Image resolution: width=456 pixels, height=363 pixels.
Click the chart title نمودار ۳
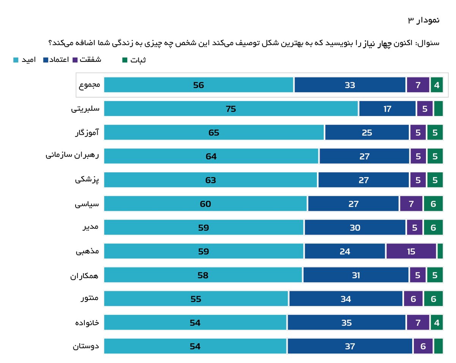click(x=423, y=20)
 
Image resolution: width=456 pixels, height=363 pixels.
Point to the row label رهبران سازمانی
click(x=73, y=156)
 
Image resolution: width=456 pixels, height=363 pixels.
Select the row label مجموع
click(x=89, y=85)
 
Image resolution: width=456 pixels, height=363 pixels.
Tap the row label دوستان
click(x=85, y=346)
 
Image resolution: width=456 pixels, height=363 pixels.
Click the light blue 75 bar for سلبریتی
click(x=231, y=109)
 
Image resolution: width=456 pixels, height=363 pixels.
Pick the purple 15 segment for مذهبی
click(x=411, y=251)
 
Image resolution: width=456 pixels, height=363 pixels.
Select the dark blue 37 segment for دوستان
click(x=350, y=346)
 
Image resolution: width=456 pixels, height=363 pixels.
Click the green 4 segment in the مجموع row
click(x=437, y=85)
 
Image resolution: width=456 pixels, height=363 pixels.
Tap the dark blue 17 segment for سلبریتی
click(x=387, y=109)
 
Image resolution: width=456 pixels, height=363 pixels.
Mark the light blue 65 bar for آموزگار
click(x=214, y=133)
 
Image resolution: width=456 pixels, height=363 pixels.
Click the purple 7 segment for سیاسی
click(x=411, y=204)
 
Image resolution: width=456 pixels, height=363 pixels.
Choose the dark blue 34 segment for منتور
click(x=345, y=299)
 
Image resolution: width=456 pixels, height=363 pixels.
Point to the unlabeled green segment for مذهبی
click(x=440, y=251)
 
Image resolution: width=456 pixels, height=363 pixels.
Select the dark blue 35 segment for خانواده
click(x=346, y=322)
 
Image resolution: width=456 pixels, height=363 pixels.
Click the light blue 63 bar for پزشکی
click(x=210, y=180)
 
